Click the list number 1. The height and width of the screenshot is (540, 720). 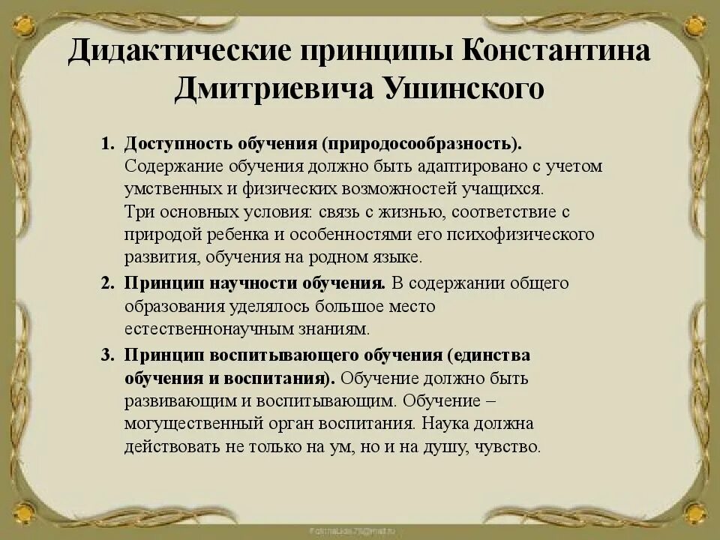pyautogui.click(x=106, y=143)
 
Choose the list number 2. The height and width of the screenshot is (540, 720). pyautogui.click(x=106, y=283)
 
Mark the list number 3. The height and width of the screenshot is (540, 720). pyautogui.click(x=106, y=354)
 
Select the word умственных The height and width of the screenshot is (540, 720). pyautogui.click(x=177, y=188)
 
